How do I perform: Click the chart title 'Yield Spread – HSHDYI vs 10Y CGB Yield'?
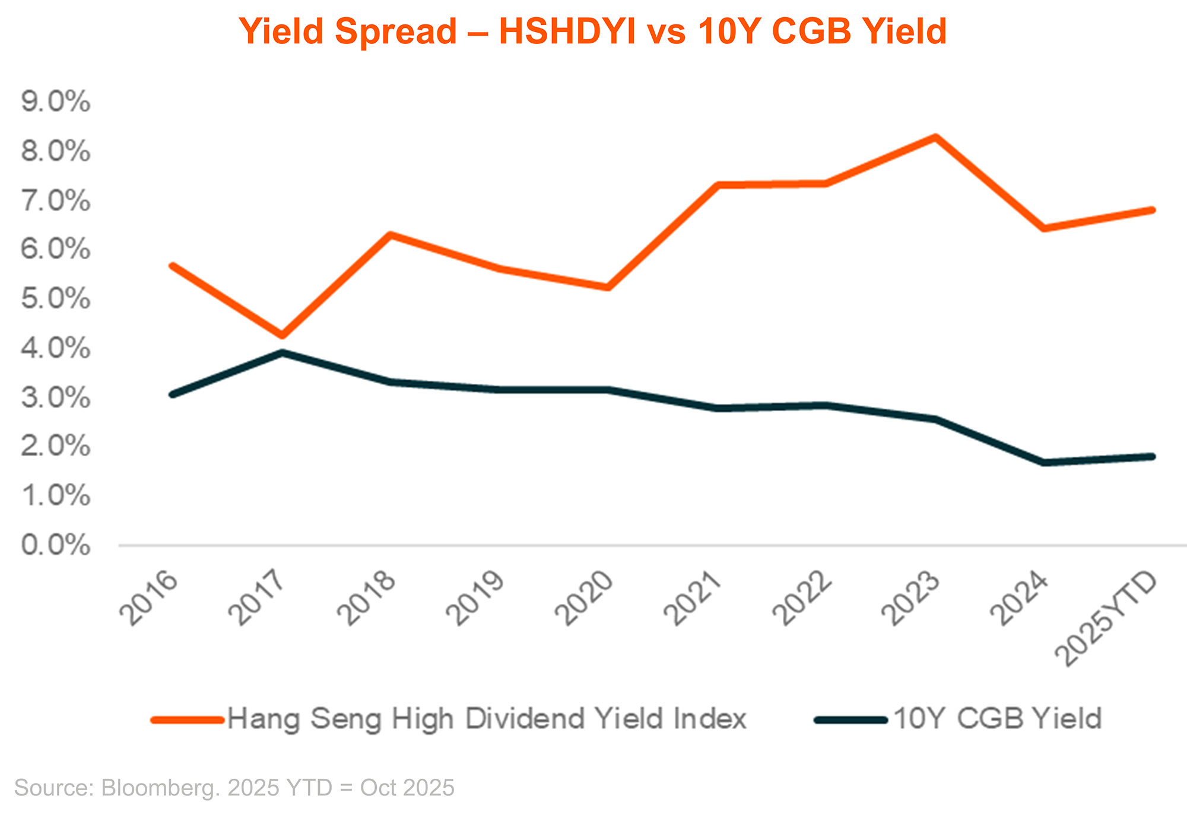pos(592,31)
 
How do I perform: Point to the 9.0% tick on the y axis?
pos(56,102)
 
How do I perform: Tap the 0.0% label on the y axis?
pos(56,545)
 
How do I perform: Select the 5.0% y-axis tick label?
pos(56,298)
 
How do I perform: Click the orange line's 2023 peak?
pos(935,138)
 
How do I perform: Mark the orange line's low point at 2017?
pos(283,335)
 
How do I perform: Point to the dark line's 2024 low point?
pos(1043,462)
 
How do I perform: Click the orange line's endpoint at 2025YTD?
pos(1152,210)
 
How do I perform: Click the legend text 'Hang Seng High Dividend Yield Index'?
pos(487,719)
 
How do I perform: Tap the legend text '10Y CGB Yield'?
pos(997,719)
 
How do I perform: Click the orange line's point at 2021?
pos(718,185)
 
